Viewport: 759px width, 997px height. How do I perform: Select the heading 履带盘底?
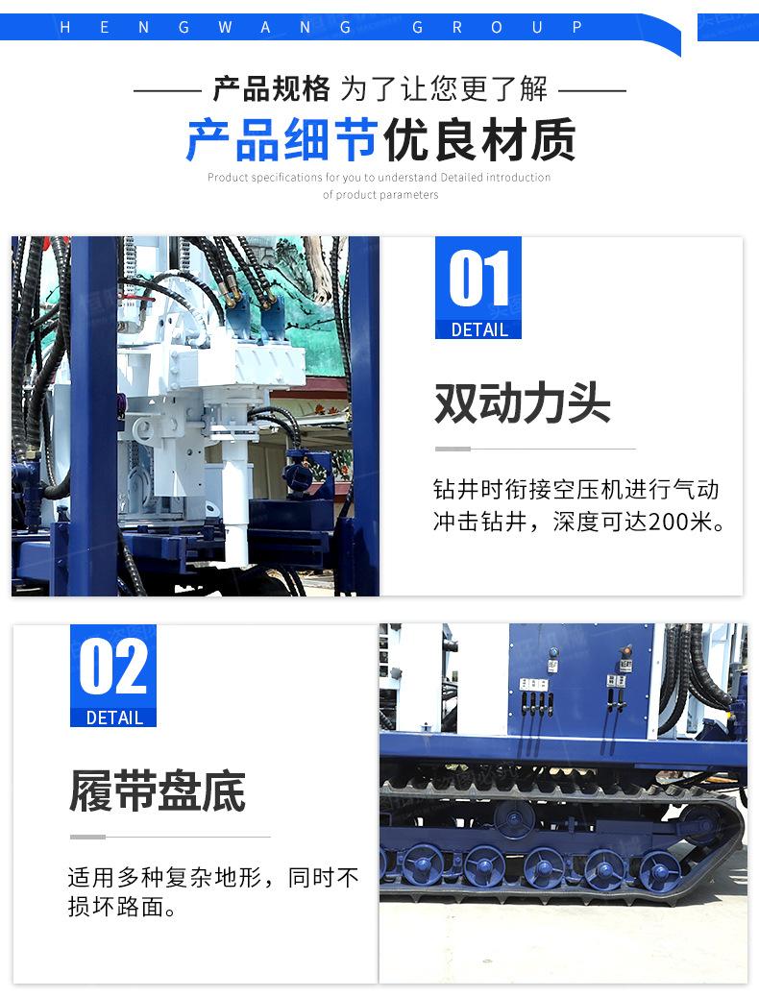(x=157, y=790)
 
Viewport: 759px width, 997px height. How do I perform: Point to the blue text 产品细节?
(x=282, y=140)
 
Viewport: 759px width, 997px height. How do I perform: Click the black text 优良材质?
(x=479, y=140)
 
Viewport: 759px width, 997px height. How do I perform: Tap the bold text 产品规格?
(x=271, y=90)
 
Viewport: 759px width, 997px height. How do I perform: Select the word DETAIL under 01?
(x=478, y=329)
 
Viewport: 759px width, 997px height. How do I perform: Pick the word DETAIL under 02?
(x=114, y=717)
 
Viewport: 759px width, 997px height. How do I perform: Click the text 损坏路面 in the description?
(x=110, y=908)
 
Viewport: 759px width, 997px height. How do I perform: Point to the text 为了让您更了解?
(x=444, y=90)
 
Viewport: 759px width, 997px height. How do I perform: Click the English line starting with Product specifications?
(x=379, y=178)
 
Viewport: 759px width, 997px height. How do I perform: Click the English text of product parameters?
(x=380, y=195)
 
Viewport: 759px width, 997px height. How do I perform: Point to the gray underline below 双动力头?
(x=534, y=449)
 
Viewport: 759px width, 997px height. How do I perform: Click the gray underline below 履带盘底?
(x=169, y=837)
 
